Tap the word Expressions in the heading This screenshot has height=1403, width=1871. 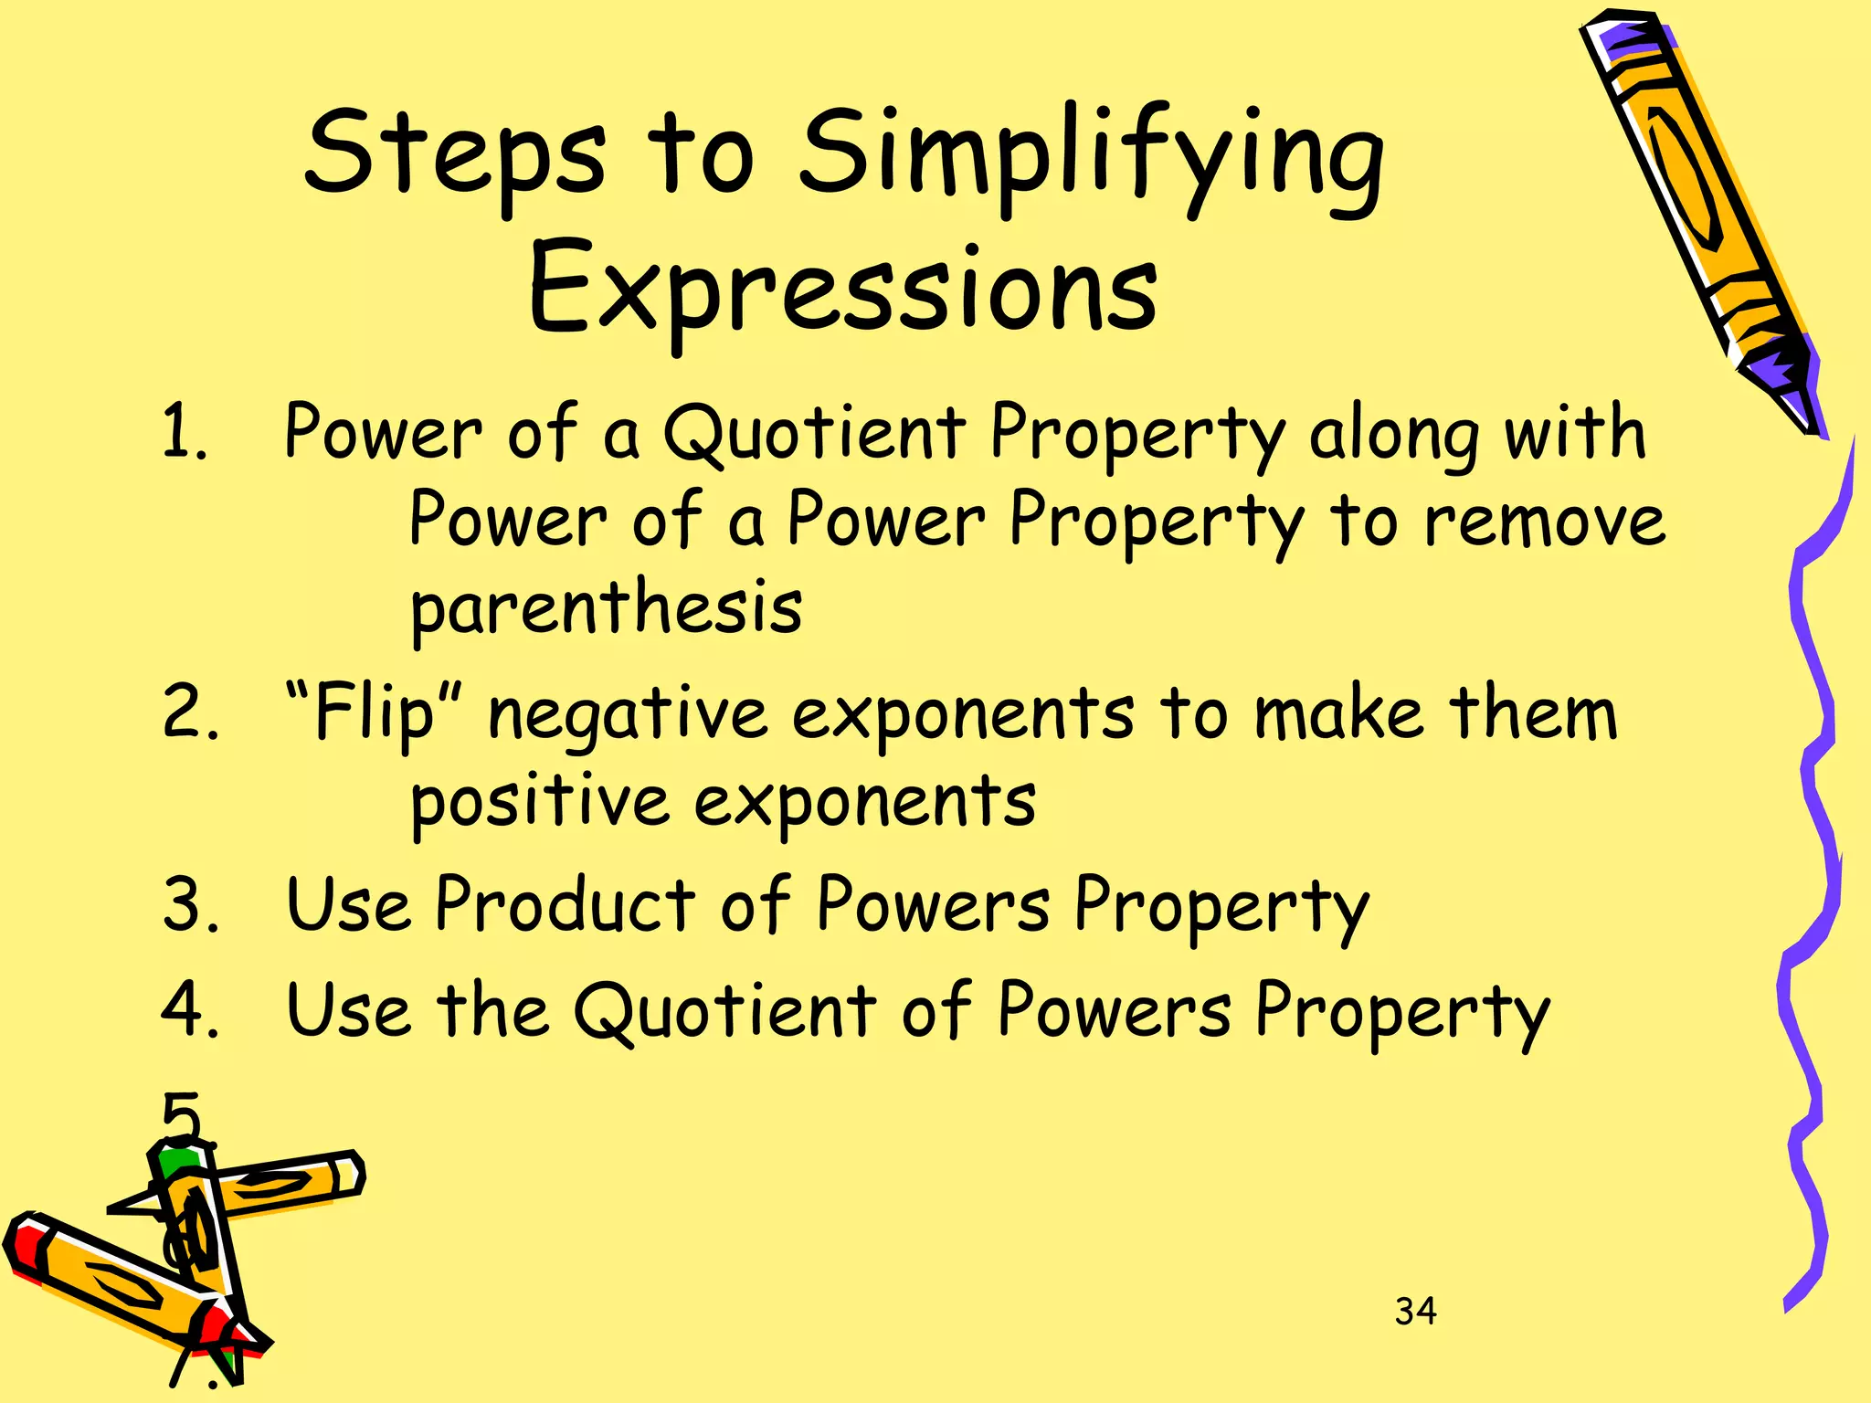point(842,288)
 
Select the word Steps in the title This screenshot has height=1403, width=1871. point(454,155)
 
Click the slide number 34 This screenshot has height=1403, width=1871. point(1415,1312)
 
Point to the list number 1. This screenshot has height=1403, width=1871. point(184,432)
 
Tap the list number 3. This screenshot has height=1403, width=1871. point(190,904)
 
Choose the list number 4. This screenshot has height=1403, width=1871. point(190,1010)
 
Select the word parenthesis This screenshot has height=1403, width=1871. point(606,607)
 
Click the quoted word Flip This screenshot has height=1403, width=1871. point(375,714)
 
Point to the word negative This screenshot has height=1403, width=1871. point(628,714)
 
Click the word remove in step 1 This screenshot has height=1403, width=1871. point(1544,521)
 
